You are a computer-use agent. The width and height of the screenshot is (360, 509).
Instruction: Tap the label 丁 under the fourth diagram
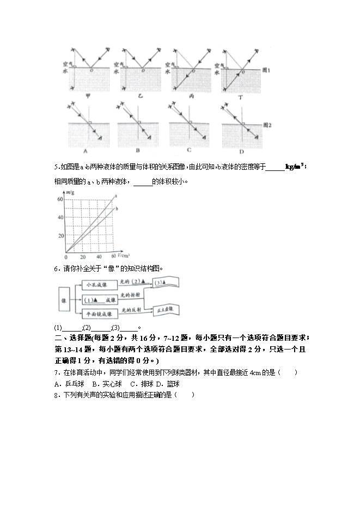tap(240, 96)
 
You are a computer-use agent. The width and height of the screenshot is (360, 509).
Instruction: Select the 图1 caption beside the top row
tap(267, 71)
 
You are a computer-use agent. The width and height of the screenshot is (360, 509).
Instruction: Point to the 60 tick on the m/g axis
tap(60, 200)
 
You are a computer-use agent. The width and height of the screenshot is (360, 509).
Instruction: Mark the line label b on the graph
tap(117, 208)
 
